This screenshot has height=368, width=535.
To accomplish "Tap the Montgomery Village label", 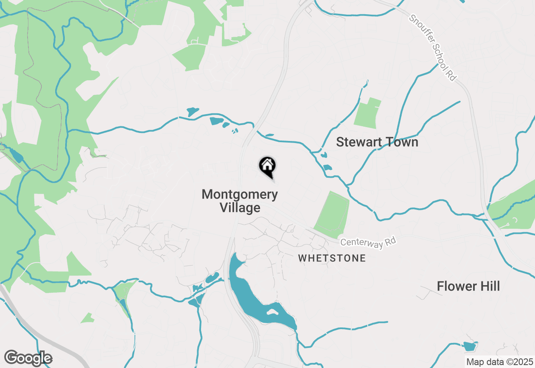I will [239, 201].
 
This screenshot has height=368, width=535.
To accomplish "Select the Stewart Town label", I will [377, 142].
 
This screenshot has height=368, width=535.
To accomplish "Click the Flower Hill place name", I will [468, 286].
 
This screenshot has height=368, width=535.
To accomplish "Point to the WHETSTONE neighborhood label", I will [332, 258].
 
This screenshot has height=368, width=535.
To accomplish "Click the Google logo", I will [28, 358].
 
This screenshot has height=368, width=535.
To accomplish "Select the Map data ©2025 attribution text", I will [499, 362].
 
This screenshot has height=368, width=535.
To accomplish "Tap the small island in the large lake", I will [272, 312].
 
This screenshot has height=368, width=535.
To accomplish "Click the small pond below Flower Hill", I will [469, 346].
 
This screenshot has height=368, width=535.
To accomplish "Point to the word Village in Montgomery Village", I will [240, 207].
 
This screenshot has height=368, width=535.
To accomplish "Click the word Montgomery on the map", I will [239, 194].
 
